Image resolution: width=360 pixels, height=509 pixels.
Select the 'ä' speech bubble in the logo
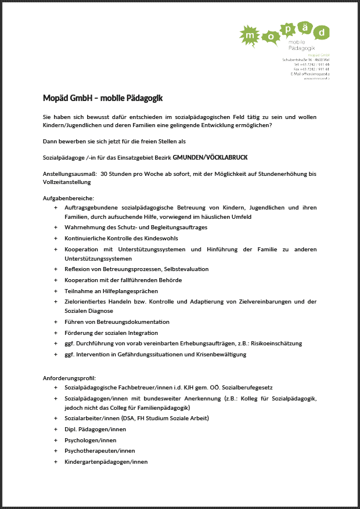(303, 27)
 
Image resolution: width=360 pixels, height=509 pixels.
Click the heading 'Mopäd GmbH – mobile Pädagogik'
(99, 98)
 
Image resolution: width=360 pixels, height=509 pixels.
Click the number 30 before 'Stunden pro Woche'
(104, 174)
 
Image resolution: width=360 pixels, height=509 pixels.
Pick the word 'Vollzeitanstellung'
(67, 182)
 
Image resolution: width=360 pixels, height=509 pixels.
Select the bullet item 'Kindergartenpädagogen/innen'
(106, 462)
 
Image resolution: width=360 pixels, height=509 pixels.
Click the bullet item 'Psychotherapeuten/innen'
(100, 451)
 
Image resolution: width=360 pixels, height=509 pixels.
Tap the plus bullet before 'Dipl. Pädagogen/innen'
(56, 429)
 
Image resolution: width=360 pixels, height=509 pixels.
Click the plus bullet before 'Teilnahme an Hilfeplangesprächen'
(56, 291)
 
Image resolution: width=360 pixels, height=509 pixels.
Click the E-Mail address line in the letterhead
(310, 74)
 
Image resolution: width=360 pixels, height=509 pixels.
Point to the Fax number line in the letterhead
(311, 69)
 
